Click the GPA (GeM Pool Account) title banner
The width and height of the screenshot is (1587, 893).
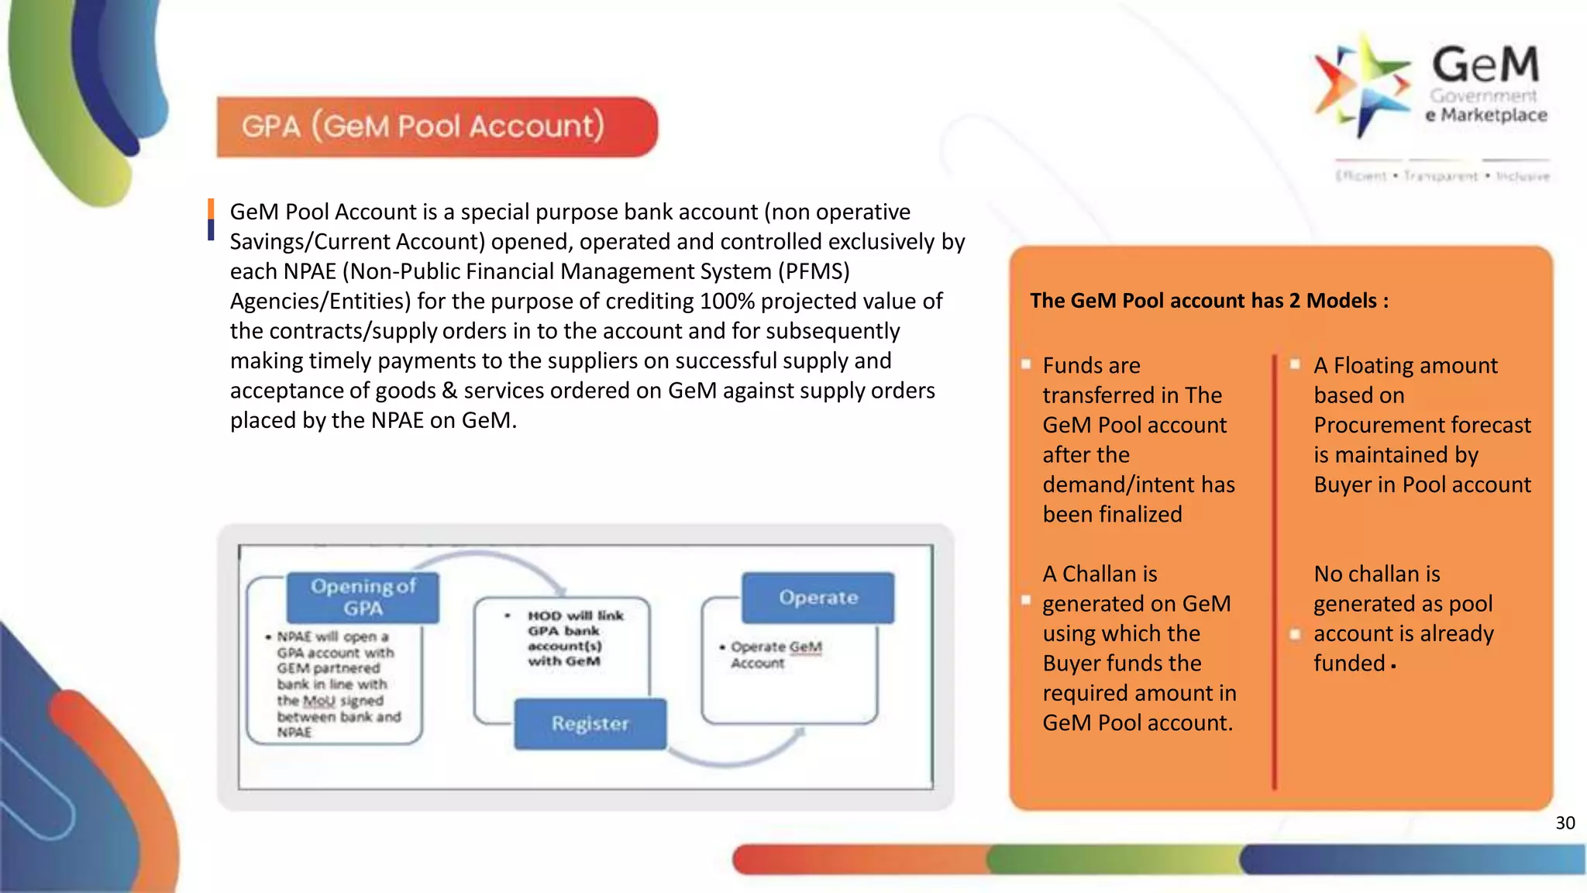click(x=436, y=126)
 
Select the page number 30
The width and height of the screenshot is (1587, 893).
click(x=1565, y=823)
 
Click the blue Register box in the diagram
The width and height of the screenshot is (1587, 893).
click(x=590, y=723)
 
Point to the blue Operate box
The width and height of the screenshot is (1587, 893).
click(x=818, y=598)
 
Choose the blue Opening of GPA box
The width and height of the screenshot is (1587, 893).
click(x=363, y=597)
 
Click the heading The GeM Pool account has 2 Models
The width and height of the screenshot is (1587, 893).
click(x=1208, y=301)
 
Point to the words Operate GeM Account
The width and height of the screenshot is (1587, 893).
click(x=775, y=654)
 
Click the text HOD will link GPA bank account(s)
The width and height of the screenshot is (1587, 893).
click(x=574, y=638)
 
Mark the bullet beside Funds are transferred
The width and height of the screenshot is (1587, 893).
click(x=1026, y=364)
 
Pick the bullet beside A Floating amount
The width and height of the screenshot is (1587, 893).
click(x=1295, y=364)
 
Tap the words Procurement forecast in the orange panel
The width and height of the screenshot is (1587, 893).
click(x=1422, y=426)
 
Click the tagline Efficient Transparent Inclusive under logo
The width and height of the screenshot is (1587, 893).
click(x=1441, y=177)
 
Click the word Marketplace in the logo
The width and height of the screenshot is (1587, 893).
click(x=1493, y=116)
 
